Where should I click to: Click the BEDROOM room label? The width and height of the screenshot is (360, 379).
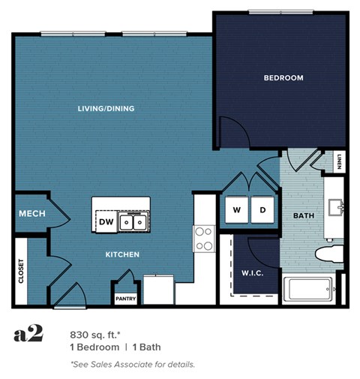(x=283, y=78)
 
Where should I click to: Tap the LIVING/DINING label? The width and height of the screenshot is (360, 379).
(x=106, y=109)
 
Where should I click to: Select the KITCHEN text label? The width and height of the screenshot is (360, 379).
(x=121, y=254)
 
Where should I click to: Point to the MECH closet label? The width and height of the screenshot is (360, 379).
(x=31, y=214)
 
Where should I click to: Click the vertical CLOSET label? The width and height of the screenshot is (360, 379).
(x=21, y=272)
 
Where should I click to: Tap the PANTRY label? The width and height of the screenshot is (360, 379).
(x=124, y=298)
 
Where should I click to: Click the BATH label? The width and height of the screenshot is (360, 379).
(x=303, y=215)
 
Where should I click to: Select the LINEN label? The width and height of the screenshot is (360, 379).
(x=339, y=161)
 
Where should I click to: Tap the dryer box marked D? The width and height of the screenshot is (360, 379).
(x=262, y=209)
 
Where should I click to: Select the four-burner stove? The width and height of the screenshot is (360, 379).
(x=204, y=239)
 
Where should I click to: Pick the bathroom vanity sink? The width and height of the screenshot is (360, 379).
(x=335, y=206)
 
